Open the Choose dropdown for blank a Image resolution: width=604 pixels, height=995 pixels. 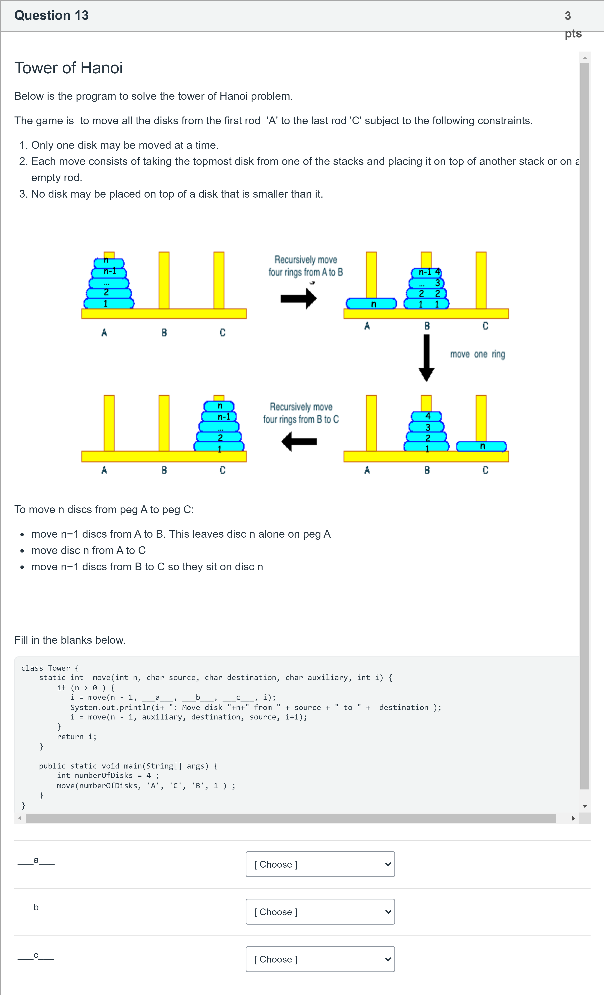[320, 864]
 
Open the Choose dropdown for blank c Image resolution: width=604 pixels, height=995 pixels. [320, 959]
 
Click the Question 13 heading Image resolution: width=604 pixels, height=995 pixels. [51, 15]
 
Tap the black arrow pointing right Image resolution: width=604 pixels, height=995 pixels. [299, 298]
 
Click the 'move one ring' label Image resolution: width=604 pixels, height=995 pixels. [478, 354]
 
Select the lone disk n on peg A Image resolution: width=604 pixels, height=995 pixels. [371, 304]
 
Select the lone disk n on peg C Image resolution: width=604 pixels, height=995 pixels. [481, 446]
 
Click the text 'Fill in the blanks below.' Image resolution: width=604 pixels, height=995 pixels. [70, 640]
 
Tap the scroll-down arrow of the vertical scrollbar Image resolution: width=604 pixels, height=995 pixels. [585, 806]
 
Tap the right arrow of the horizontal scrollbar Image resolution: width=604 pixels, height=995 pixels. [573, 818]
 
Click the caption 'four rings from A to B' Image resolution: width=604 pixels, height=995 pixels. [306, 272]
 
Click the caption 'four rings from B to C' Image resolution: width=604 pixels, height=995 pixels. [301, 419]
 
